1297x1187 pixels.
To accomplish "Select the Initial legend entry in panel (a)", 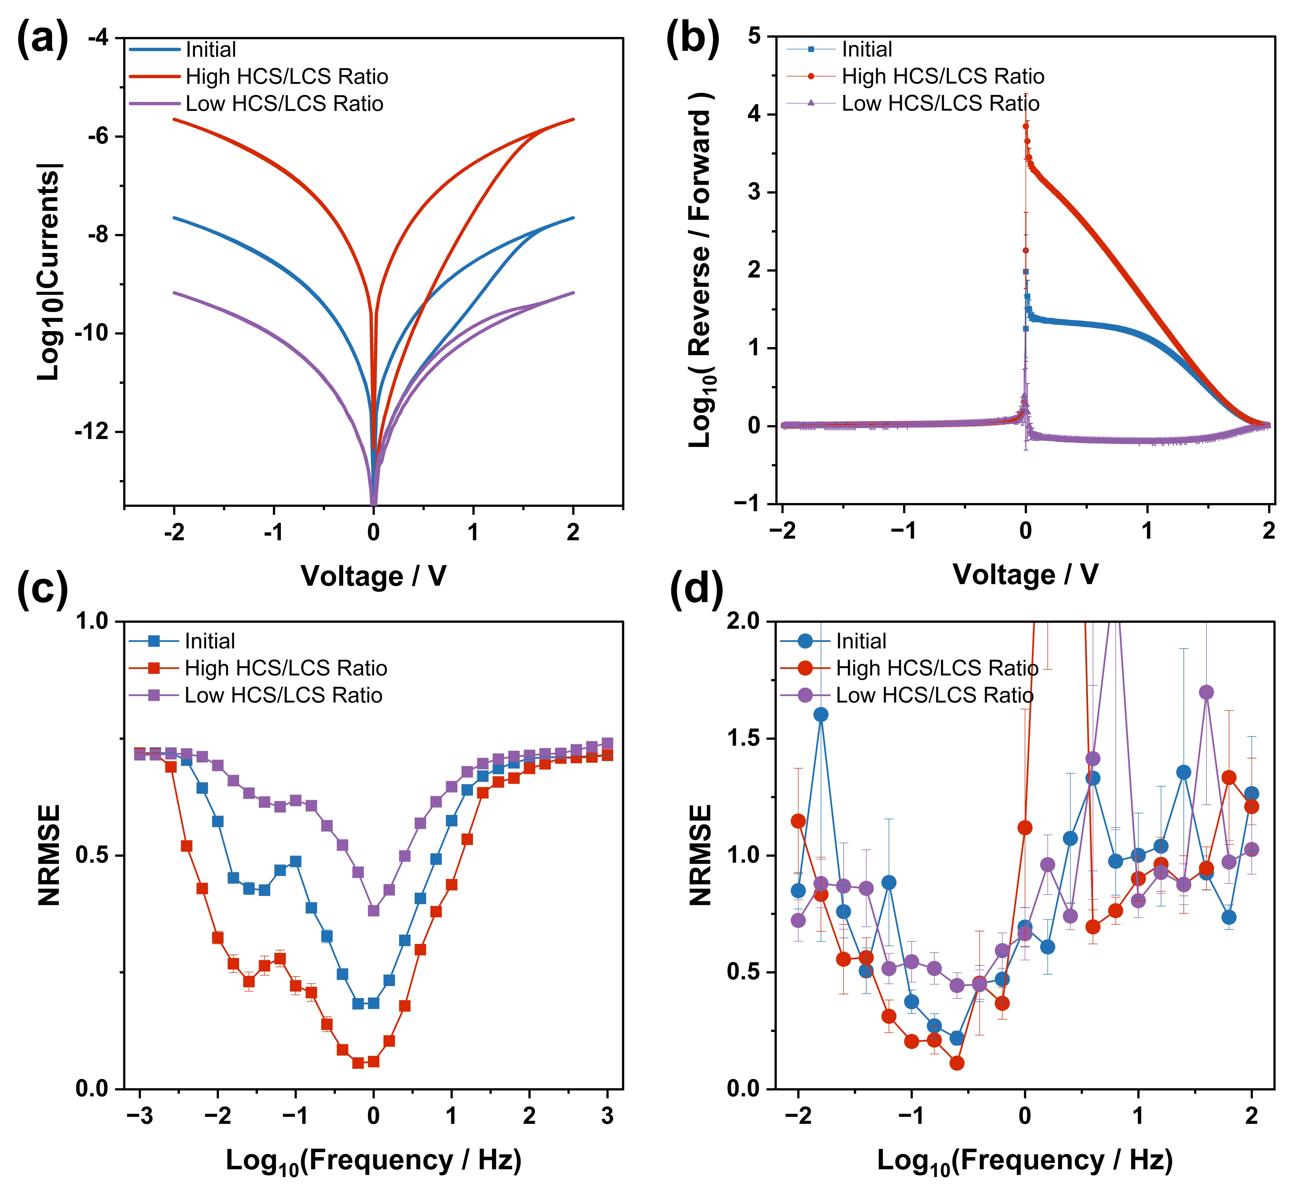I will click(x=210, y=50).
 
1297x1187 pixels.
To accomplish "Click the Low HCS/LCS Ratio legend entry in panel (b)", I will click(x=940, y=104).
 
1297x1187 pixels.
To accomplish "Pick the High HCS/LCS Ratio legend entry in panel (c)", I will click(x=286, y=668).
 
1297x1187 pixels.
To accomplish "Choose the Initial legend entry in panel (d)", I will click(x=861, y=641).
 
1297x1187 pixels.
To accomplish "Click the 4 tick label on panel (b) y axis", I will click(x=754, y=115).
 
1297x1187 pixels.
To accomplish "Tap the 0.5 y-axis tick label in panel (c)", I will click(x=95, y=856).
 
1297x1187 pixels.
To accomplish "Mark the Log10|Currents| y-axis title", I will click(x=49, y=272).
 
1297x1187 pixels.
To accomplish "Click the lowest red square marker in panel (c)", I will click(x=358, y=1063).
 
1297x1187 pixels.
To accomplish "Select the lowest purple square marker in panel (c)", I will click(x=373, y=910).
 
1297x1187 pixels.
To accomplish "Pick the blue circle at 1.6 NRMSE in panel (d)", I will click(x=821, y=715).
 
